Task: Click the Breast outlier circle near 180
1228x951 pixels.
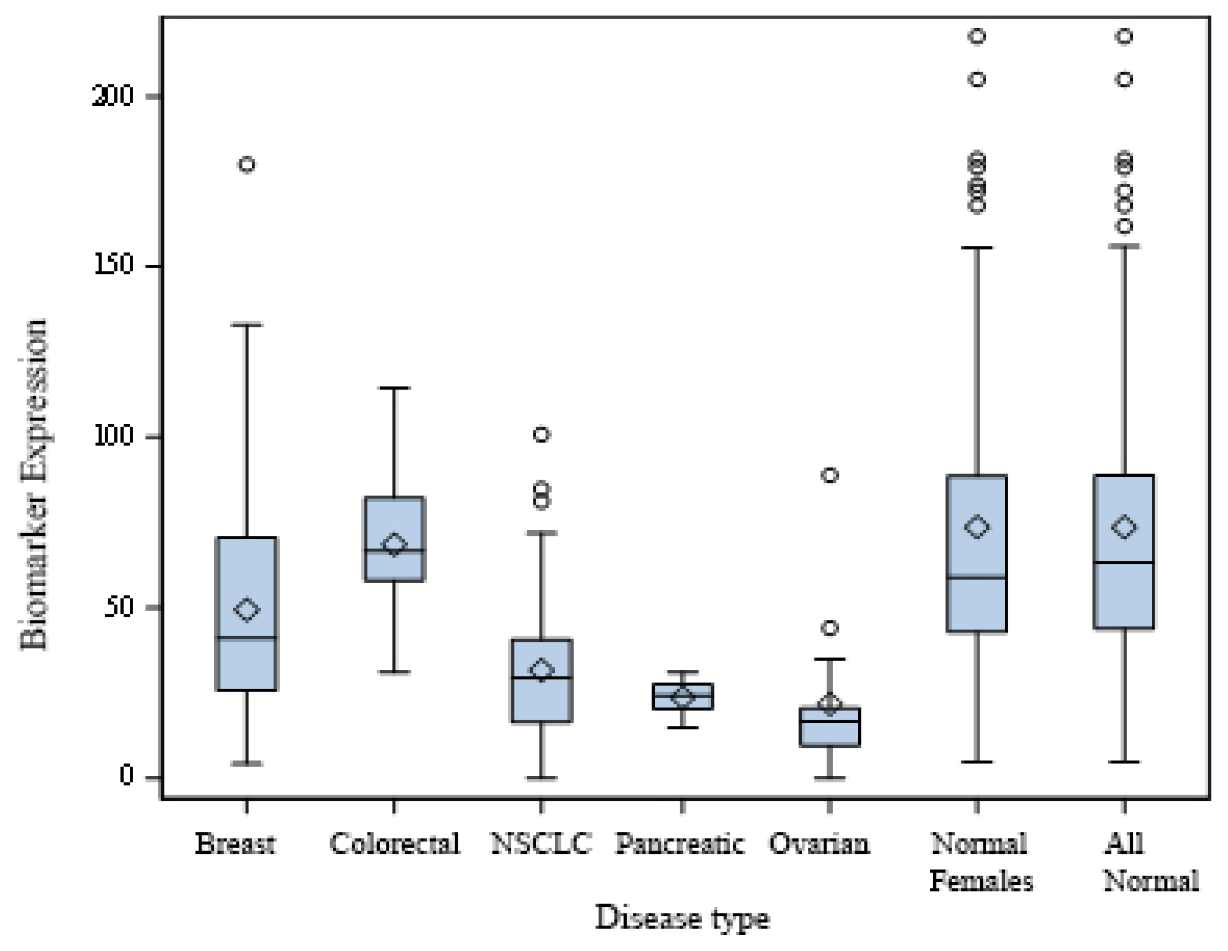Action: [247, 164]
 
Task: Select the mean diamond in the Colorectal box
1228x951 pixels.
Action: [394, 545]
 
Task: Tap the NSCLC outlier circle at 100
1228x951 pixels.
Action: [542, 434]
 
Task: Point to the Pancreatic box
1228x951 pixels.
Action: [682, 697]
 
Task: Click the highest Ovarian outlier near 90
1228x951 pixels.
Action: [830, 475]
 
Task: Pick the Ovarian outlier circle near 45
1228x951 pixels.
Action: [830, 628]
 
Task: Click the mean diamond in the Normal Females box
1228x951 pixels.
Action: [977, 527]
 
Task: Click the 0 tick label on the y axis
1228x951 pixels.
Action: [126, 776]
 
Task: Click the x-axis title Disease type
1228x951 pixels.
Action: [682, 918]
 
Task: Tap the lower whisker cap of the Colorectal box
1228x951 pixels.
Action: [394, 672]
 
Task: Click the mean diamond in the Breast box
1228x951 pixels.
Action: [247, 609]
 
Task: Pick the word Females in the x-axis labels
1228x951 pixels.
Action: [981, 881]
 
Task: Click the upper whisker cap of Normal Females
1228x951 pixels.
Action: [977, 247]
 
